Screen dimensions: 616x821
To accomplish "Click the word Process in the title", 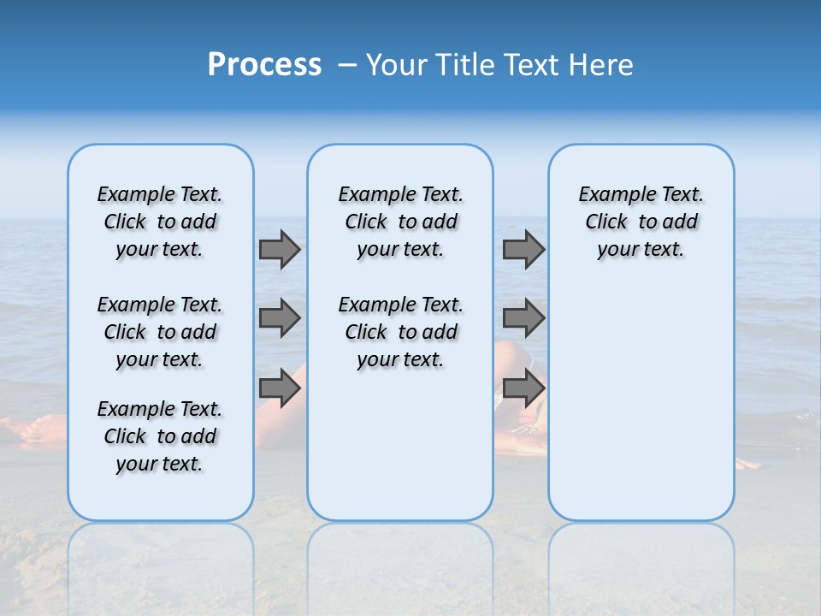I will pos(264,65).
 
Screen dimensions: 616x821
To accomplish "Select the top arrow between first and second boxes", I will pos(280,250).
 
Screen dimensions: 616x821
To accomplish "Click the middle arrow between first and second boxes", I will pos(280,318).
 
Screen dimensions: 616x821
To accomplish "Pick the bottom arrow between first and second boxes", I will pos(280,388).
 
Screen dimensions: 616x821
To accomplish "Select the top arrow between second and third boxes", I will pos(523,250).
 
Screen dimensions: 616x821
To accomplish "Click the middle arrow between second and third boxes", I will pos(523,318).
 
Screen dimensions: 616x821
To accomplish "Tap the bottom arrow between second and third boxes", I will pos(523,388).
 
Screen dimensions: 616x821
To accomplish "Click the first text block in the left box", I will pos(160,222).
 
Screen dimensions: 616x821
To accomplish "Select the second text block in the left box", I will pos(160,332).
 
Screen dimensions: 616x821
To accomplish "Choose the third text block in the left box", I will pos(160,436).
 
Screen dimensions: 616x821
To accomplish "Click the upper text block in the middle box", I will pos(400,222).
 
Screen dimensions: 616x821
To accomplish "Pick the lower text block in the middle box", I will pos(400,332).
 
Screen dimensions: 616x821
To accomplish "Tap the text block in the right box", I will pos(641,222).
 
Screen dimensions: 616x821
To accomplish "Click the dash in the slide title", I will pos(347,65).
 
